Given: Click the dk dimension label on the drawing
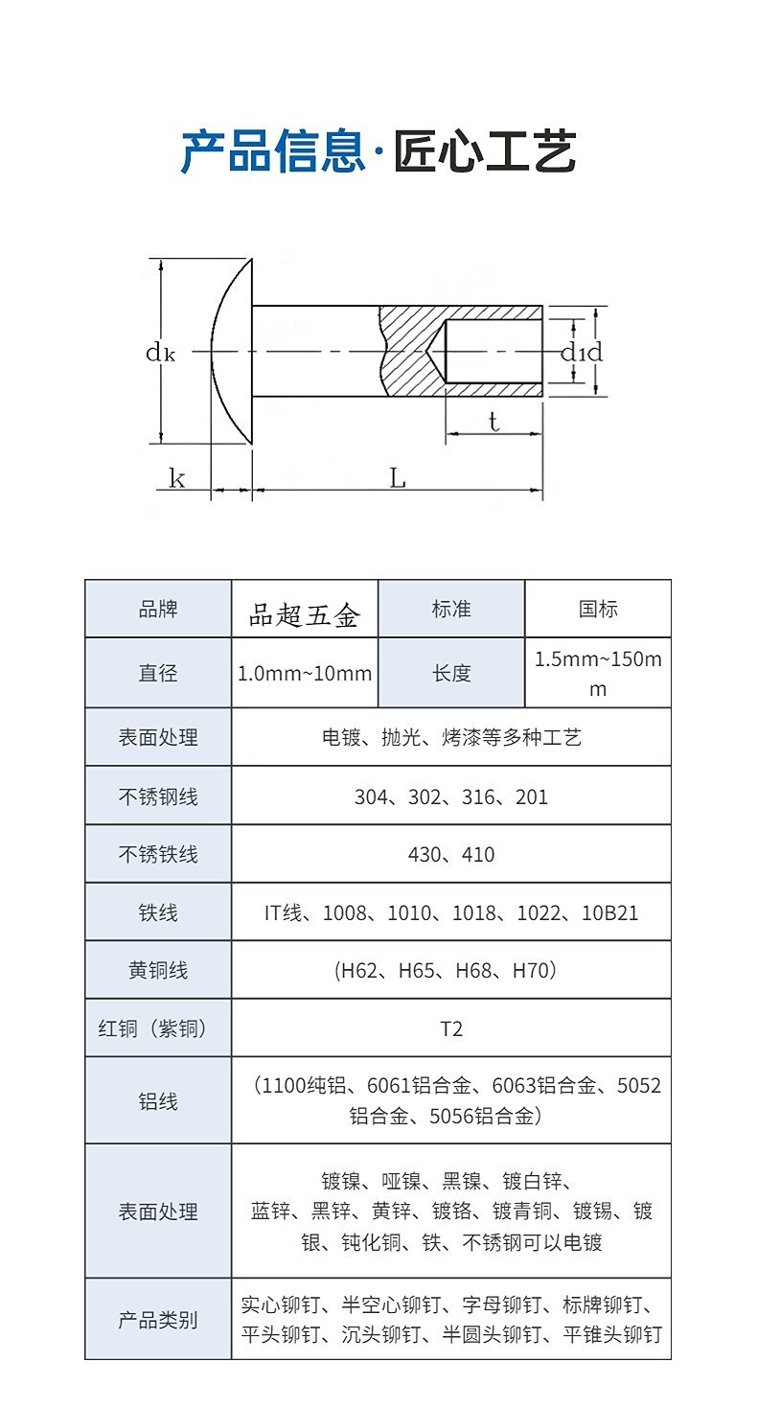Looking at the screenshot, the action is [x=160, y=353].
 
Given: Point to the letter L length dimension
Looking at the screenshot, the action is [x=397, y=477].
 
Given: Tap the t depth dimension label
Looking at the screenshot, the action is [x=493, y=422].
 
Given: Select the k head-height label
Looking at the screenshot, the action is [x=177, y=478].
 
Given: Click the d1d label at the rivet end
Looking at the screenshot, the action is [x=581, y=353].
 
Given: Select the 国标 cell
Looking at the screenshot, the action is [x=598, y=609].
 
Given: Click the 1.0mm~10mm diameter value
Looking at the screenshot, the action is [x=305, y=673].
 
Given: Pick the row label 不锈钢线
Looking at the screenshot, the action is [x=158, y=796].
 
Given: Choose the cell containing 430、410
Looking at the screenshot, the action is [x=451, y=854].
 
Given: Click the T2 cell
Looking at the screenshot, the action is [x=451, y=1028].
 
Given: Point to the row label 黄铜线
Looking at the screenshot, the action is [x=158, y=970].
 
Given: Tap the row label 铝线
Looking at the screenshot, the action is [x=158, y=1101].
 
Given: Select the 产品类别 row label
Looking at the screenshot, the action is [x=158, y=1320].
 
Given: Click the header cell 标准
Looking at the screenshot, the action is [x=451, y=609].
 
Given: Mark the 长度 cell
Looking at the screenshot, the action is [x=451, y=673].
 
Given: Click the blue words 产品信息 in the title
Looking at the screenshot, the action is [x=273, y=151].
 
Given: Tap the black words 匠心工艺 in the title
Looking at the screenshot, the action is [x=485, y=151].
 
